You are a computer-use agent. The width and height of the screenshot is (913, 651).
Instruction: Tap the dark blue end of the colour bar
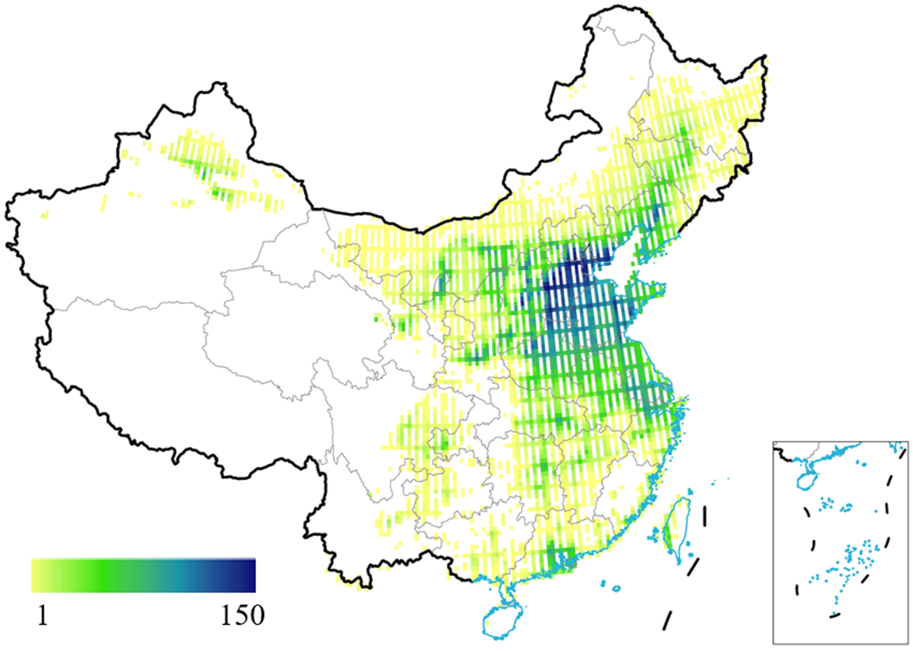click(250, 576)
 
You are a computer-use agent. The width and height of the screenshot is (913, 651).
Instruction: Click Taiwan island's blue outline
click(686, 517)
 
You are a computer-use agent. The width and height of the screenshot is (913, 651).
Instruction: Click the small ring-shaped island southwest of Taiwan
click(616, 588)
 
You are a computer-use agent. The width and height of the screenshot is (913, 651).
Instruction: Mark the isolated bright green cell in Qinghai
click(376, 320)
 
